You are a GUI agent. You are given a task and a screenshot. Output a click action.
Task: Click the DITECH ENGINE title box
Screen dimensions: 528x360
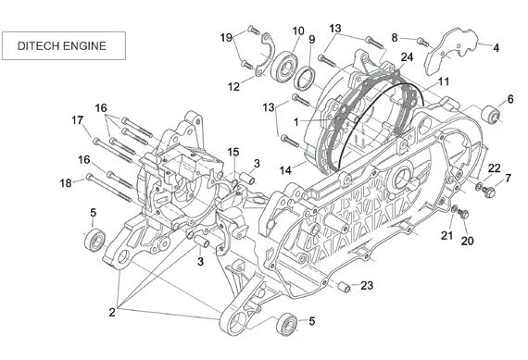(64, 45)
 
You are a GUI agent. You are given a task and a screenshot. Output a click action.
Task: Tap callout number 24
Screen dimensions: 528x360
(407, 57)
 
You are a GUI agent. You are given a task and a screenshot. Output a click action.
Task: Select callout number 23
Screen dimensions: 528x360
(367, 286)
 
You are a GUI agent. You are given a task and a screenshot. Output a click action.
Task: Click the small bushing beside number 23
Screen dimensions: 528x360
(345, 287)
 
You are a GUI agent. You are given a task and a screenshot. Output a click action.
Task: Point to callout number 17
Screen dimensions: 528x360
(78, 120)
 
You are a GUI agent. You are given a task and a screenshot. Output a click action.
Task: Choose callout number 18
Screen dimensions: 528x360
(66, 183)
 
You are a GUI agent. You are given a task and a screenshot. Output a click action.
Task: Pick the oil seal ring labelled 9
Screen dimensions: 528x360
(305, 79)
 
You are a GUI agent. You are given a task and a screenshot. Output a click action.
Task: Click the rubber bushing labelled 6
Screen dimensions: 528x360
(490, 114)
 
